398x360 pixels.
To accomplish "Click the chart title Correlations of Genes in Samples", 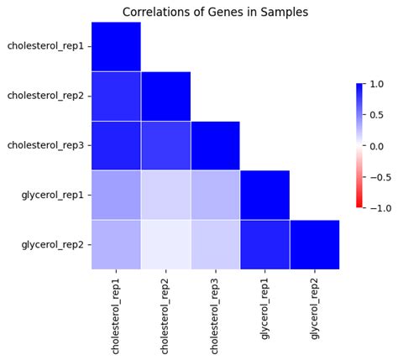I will pyautogui.click(x=215, y=12).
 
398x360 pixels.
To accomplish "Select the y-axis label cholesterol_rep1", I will pyautogui.click(x=45, y=47).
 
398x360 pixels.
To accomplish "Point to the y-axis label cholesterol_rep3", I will pyautogui.click(x=45, y=146).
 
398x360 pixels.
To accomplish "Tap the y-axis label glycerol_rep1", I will pyautogui.click(x=53, y=196).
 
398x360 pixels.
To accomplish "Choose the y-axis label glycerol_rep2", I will pyautogui.click(x=53, y=244).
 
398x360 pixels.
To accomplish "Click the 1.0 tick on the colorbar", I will pyautogui.click(x=375, y=85).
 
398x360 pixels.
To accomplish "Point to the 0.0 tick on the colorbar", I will pyautogui.click(x=375, y=146).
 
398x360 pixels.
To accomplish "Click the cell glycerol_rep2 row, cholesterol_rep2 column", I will pyautogui.click(x=165, y=244).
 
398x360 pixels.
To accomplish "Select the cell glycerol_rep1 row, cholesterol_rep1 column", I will pyautogui.click(x=116, y=196).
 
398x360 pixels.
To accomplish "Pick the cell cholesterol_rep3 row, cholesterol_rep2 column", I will pyautogui.click(x=165, y=146).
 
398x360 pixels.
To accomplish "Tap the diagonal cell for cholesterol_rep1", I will pyautogui.click(x=116, y=47).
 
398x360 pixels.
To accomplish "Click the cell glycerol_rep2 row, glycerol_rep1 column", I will pyautogui.click(x=265, y=244).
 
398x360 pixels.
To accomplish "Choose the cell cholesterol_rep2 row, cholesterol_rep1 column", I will pyautogui.click(x=116, y=97).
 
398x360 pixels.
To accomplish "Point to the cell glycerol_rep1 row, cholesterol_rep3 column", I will pyautogui.click(x=215, y=196).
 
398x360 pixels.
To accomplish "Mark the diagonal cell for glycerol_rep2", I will pyautogui.click(x=315, y=244).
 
